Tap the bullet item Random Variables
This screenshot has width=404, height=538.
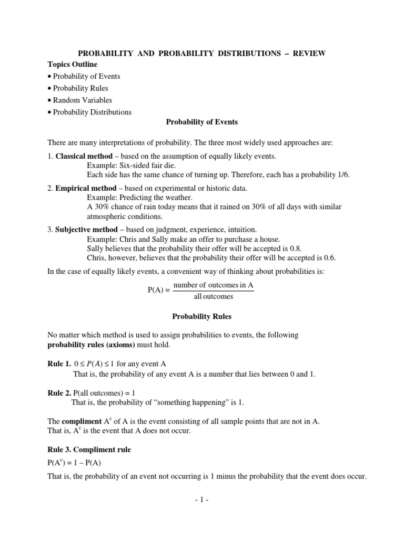click(x=82, y=100)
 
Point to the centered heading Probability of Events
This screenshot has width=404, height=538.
click(x=202, y=122)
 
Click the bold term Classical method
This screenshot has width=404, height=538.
click(x=84, y=156)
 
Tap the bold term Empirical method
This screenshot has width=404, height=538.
click(x=86, y=188)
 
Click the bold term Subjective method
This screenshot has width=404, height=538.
click(x=87, y=230)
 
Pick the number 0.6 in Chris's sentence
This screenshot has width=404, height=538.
click(x=329, y=257)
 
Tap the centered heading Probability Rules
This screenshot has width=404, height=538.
click(x=202, y=317)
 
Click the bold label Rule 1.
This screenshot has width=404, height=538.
click(x=59, y=364)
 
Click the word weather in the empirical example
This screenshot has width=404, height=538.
click(x=179, y=198)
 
